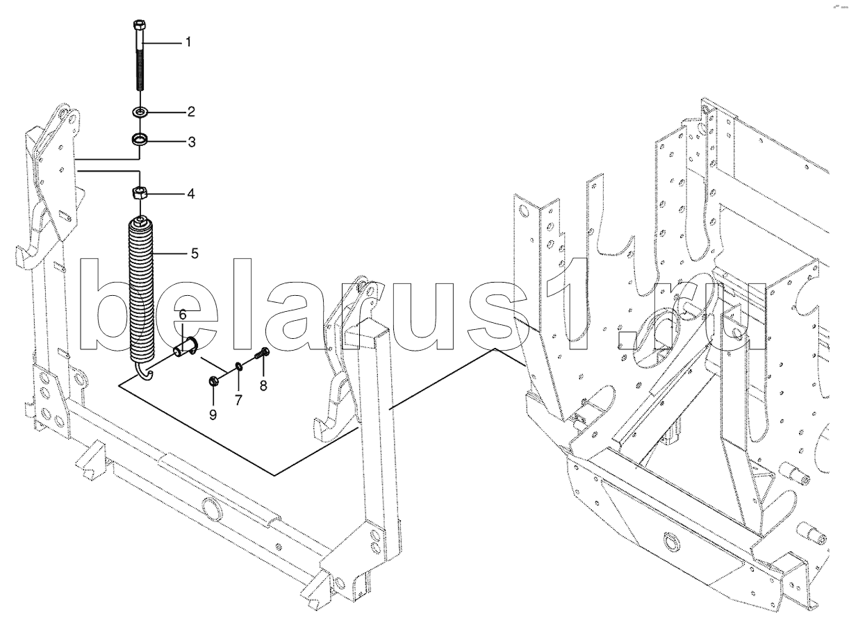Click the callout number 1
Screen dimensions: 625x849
tap(187, 42)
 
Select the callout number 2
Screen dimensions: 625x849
tap(191, 111)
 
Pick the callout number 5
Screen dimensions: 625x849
tap(195, 253)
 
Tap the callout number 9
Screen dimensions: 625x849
tap(213, 414)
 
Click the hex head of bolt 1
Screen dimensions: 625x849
tap(137, 27)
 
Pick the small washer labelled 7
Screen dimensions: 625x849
tap(238, 365)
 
